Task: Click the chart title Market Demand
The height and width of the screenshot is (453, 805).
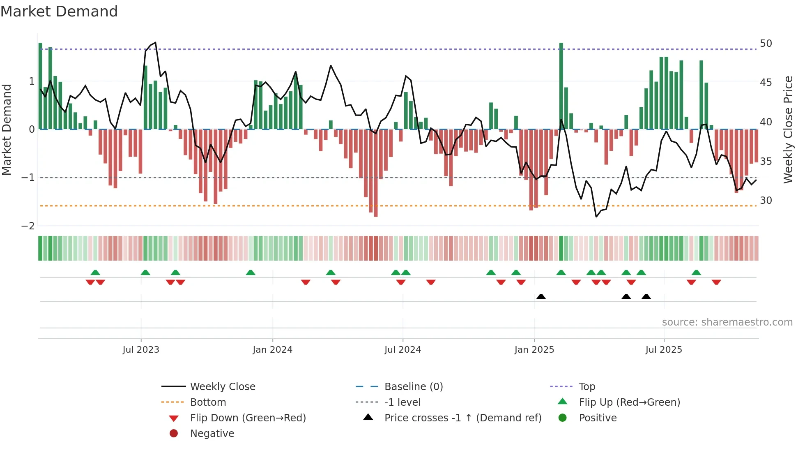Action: tap(59, 12)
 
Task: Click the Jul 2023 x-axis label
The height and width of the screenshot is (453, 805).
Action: tap(141, 350)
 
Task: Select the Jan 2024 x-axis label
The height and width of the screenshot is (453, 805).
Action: tap(272, 350)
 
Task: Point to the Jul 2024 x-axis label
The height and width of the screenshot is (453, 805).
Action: tap(402, 350)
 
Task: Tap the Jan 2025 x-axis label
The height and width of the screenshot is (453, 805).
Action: tap(534, 350)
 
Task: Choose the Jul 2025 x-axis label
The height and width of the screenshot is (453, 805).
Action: tap(663, 350)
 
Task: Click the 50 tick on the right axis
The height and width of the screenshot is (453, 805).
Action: tap(766, 44)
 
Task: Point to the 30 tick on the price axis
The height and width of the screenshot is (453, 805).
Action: tap(766, 201)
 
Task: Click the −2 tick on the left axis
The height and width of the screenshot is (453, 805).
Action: tap(28, 226)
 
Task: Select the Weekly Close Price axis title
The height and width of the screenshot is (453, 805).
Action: tap(788, 129)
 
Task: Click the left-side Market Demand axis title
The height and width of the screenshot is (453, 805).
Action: tap(7, 129)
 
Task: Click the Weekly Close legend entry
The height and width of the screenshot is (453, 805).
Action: tap(222, 387)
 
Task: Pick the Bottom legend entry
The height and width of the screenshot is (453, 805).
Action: tap(208, 402)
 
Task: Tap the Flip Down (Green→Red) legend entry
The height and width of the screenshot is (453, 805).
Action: tap(248, 418)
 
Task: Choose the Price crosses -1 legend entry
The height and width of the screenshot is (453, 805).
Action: tap(462, 418)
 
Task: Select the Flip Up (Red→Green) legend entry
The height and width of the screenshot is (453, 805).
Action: tap(629, 402)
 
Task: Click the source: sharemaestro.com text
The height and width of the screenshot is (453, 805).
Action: tap(727, 322)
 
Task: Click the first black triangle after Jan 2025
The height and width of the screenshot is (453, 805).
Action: tap(541, 297)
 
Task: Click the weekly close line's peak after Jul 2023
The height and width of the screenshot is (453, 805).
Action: tap(155, 43)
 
